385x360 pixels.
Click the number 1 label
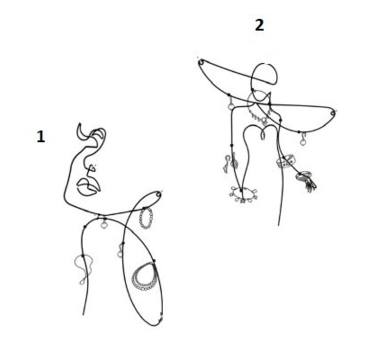[41, 137]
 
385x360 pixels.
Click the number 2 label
[259, 25]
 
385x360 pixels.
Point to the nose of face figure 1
[91, 168]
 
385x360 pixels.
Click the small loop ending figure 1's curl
[159, 195]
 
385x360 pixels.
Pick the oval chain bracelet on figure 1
[146, 218]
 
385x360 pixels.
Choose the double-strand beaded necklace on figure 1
[144, 277]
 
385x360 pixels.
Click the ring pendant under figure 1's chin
[104, 224]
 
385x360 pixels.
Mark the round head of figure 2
[264, 73]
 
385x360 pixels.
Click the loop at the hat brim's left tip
[201, 62]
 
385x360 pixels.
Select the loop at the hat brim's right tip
[333, 113]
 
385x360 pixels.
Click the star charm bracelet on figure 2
[243, 194]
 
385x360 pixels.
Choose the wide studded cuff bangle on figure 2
[286, 161]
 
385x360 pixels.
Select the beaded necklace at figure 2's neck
[258, 115]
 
